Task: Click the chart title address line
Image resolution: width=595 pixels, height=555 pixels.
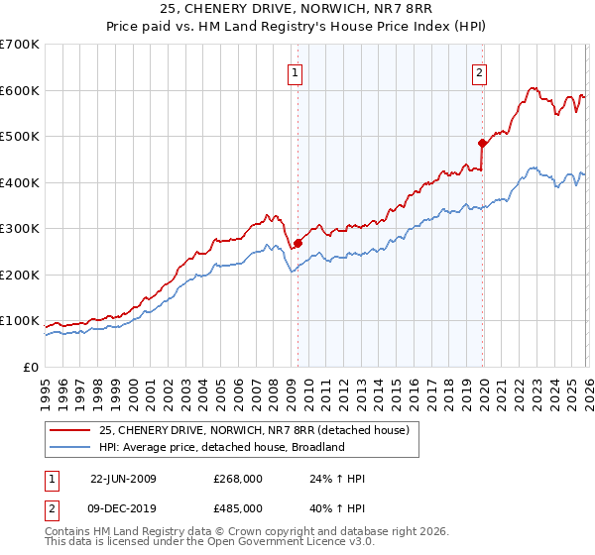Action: click(x=297, y=10)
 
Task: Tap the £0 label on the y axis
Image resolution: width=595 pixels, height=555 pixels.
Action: click(x=30, y=367)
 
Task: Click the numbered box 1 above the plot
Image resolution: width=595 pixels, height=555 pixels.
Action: click(x=296, y=71)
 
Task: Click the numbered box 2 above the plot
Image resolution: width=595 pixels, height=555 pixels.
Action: click(x=479, y=71)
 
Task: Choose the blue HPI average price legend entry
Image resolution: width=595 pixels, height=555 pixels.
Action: click(x=219, y=447)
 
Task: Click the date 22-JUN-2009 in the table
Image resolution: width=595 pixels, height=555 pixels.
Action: click(x=123, y=479)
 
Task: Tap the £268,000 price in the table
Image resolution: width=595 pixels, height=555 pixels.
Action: click(x=238, y=479)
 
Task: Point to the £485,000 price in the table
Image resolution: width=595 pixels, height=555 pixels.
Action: click(x=238, y=508)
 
